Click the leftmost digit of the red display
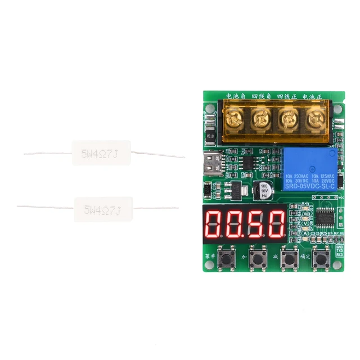pyautogui.click(x=215, y=223)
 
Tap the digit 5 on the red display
pyautogui.click(x=256, y=223)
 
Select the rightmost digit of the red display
pyautogui.click(x=276, y=223)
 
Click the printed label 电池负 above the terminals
pyautogui.click(x=235, y=96)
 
